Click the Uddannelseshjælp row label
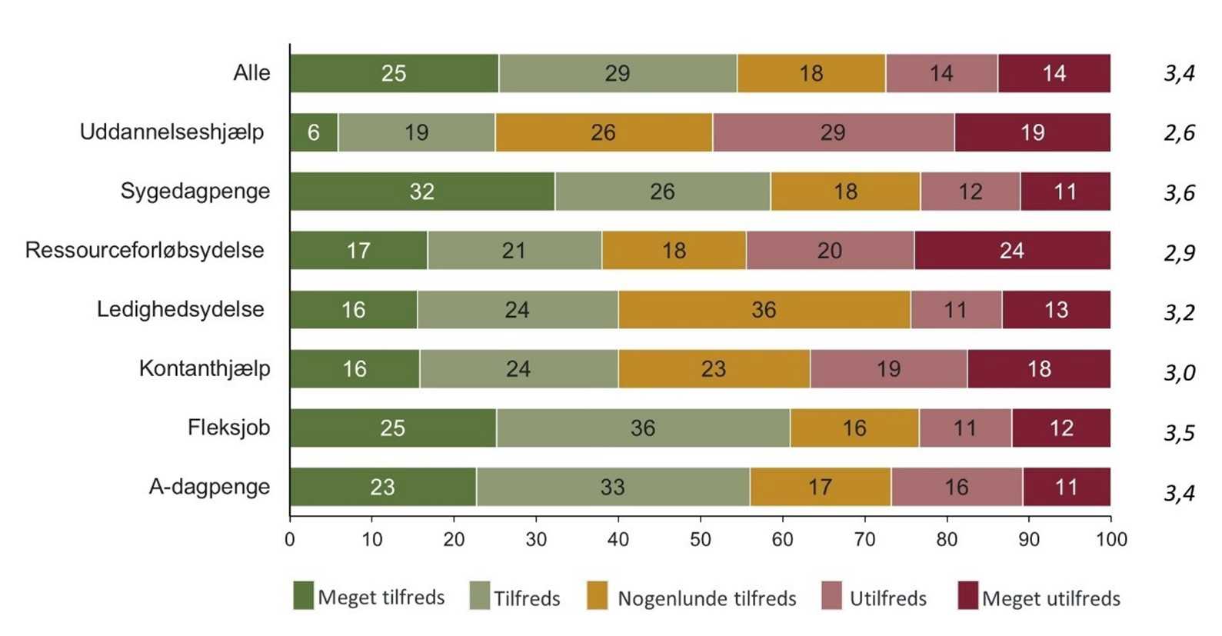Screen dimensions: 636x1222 pos(171,132)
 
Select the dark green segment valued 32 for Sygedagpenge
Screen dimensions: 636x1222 pos(422,191)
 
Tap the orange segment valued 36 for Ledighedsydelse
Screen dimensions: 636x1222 pos(764,310)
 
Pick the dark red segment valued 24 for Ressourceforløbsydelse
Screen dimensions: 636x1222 pos(1012,251)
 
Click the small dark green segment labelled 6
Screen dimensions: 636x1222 pos(314,132)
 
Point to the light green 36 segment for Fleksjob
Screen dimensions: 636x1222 pos(643,428)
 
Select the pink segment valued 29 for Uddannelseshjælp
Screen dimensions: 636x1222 pos(833,132)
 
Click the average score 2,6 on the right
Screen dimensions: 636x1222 pos(1179,133)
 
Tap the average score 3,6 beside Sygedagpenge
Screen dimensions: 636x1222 pos(1179,192)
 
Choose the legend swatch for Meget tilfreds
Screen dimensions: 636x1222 pos(304,596)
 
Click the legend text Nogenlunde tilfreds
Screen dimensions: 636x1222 pos(707,598)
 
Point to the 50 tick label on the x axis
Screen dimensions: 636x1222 pos(700,540)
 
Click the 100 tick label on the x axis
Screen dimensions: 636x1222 pos(1111,540)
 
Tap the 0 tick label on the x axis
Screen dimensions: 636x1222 pos(290,540)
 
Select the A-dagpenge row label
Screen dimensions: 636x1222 pos(209,487)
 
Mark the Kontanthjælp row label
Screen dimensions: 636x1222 pos(205,368)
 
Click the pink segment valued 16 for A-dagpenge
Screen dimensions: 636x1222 pos(957,487)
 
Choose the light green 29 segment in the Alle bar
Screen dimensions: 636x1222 pos(618,73)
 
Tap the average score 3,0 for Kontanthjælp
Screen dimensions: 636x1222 pos(1179,372)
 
